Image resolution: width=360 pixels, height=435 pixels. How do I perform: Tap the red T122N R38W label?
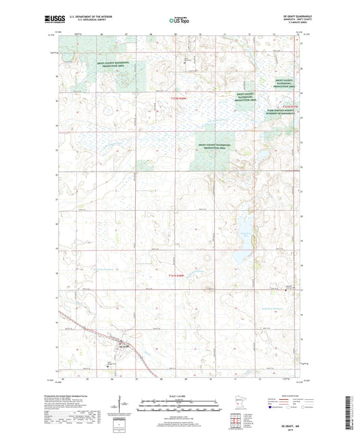177,100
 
